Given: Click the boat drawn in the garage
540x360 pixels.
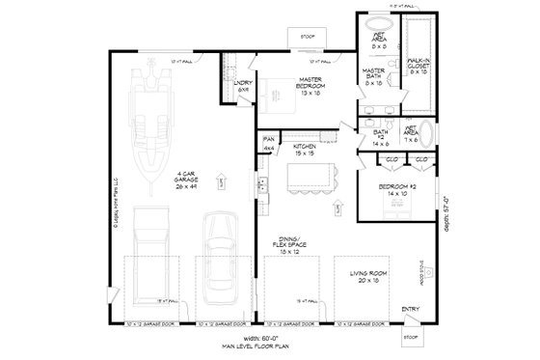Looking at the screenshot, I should (150, 122).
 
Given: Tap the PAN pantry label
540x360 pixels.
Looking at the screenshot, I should (269, 143).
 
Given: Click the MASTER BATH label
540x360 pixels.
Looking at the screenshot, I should (374, 74).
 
